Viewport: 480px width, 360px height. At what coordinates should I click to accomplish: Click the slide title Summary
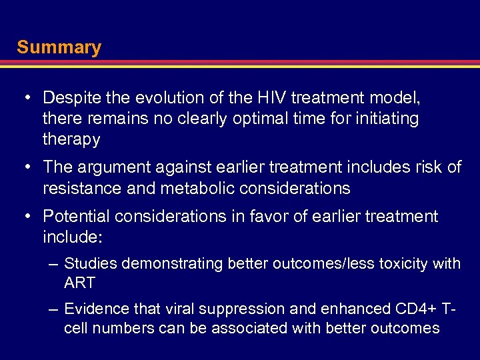(x=59, y=47)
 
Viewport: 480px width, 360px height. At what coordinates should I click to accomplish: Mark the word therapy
(x=71, y=140)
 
